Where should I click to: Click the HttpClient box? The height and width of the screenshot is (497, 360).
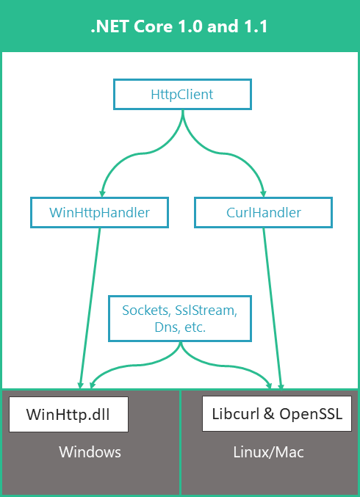pyautogui.click(x=181, y=94)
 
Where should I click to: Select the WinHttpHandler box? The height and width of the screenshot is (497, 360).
pyautogui.click(x=99, y=213)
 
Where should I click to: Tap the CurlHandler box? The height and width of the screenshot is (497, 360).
pyautogui.click(x=262, y=213)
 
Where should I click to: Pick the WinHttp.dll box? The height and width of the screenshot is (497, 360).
pyautogui.click(x=68, y=414)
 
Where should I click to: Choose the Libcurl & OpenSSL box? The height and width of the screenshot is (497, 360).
pyautogui.click(x=276, y=413)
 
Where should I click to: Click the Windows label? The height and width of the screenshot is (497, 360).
pyautogui.click(x=90, y=451)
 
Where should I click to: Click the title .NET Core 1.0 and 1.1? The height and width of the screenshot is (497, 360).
pyautogui.click(x=179, y=28)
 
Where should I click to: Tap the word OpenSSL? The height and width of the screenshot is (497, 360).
pyautogui.click(x=311, y=413)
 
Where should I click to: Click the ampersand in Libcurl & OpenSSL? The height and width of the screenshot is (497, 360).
pyautogui.click(x=267, y=413)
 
